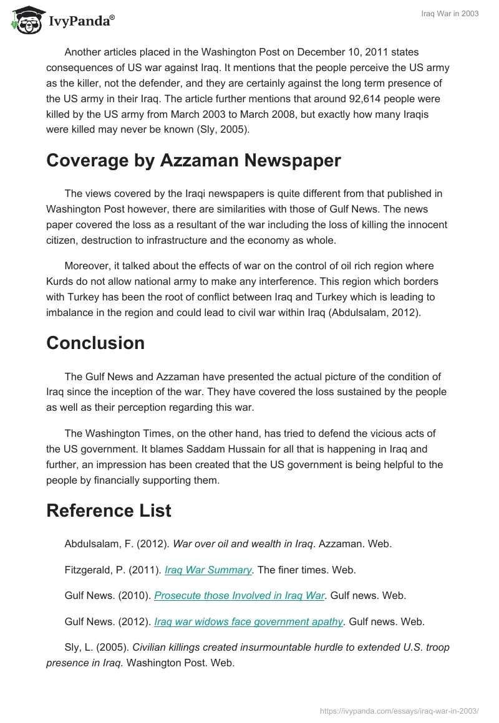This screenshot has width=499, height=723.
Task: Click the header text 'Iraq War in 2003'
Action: (x=448, y=14)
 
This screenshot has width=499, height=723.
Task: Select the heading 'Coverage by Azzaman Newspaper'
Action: (x=193, y=160)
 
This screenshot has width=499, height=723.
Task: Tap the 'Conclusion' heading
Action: (x=95, y=343)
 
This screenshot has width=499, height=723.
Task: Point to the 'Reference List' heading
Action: (x=109, y=510)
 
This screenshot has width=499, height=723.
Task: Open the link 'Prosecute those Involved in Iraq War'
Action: (x=240, y=595)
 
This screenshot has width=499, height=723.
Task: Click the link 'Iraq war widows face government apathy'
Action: (x=248, y=621)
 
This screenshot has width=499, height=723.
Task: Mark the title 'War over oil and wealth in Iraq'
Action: (x=243, y=543)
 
